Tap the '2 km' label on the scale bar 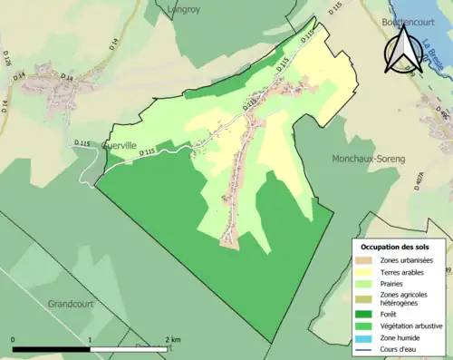[x=171, y=339]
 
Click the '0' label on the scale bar [x=14, y=339]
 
